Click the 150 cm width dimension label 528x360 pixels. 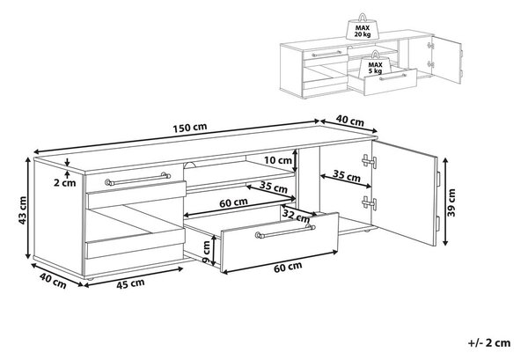pos(190,128)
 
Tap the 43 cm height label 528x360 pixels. pos(23,210)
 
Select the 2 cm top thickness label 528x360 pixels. pos(64,183)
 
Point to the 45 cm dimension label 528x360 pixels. pos(130,283)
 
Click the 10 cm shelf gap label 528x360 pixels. pos(278,160)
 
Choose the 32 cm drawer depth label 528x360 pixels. pos(297,216)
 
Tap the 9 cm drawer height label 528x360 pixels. pos(206,253)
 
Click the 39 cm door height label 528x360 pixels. pos(451,202)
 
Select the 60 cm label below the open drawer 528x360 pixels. pos(288,267)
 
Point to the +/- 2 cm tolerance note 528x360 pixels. pos(489,342)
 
